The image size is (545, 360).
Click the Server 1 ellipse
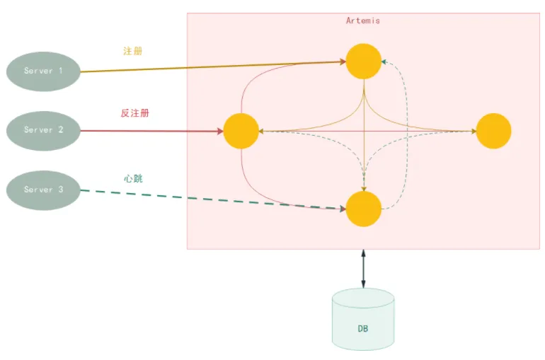point(43,71)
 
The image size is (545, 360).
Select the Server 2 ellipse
point(43,130)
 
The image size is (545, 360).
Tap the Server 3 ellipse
point(43,190)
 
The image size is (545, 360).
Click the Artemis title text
point(362,21)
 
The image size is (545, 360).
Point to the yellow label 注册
point(133,52)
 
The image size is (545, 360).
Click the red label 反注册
point(134,113)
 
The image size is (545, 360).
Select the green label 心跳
point(133,178)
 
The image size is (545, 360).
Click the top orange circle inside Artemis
point(364,61)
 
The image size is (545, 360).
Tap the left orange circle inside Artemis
point(241,131)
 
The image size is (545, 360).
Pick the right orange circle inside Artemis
point(493,131)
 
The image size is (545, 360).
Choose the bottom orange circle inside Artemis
point(364,209)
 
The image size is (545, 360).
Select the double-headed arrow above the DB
point(363,268)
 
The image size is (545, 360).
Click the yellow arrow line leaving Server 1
point(212,66)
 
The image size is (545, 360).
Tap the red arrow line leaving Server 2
point(149,131)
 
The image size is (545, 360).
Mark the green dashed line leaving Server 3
point(212,199)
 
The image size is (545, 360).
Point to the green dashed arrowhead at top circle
point(384,62)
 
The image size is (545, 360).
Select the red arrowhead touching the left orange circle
point(219,131)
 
